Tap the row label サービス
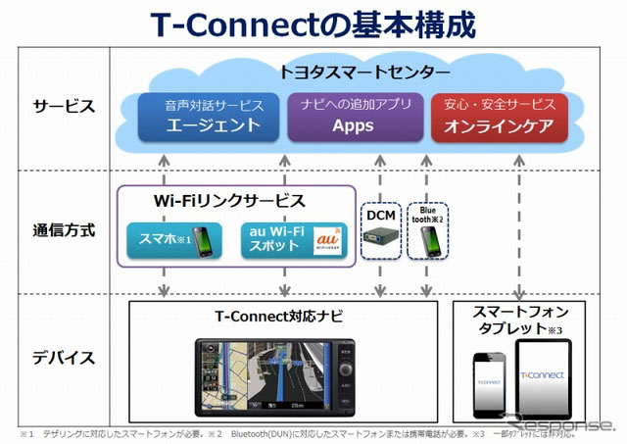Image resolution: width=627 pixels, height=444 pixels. (63, 106)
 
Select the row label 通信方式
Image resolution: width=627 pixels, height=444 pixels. (63, 231)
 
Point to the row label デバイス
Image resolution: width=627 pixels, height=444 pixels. (63, 357)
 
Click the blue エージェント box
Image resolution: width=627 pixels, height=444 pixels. (200, 117)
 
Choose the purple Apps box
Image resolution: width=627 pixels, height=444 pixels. (353, 117)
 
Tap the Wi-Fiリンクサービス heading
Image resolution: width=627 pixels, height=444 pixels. (231, 202)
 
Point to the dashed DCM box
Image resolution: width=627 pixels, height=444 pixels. (379, 231)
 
